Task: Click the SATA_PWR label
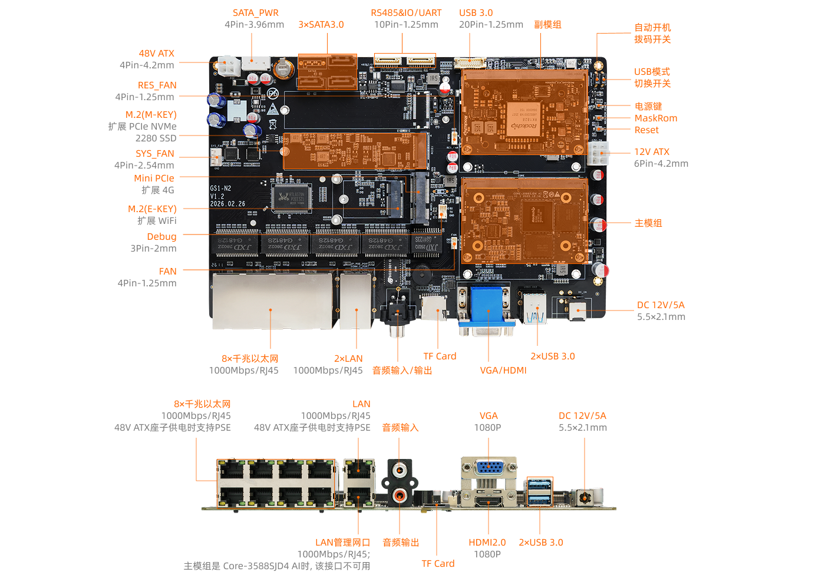[255, 12]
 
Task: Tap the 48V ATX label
[157, 53]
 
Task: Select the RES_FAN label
[157, 85]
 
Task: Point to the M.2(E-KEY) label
[152, 209]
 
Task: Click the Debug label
[161, 236]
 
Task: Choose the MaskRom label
[655, 118]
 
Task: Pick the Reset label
[646, 130]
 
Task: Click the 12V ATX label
[651, 151]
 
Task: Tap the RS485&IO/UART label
[406, 12]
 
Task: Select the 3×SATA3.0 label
[321, 24]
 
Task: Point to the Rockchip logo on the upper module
[524, 125]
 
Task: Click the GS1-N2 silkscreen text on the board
[220, 189]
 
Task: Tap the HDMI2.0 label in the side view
[487, 542]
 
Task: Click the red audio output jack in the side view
[400, 495]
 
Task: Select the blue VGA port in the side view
[489, 469]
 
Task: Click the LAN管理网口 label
[342, 542]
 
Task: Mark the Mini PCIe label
[154, 178]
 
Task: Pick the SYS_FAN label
[155, 153]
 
